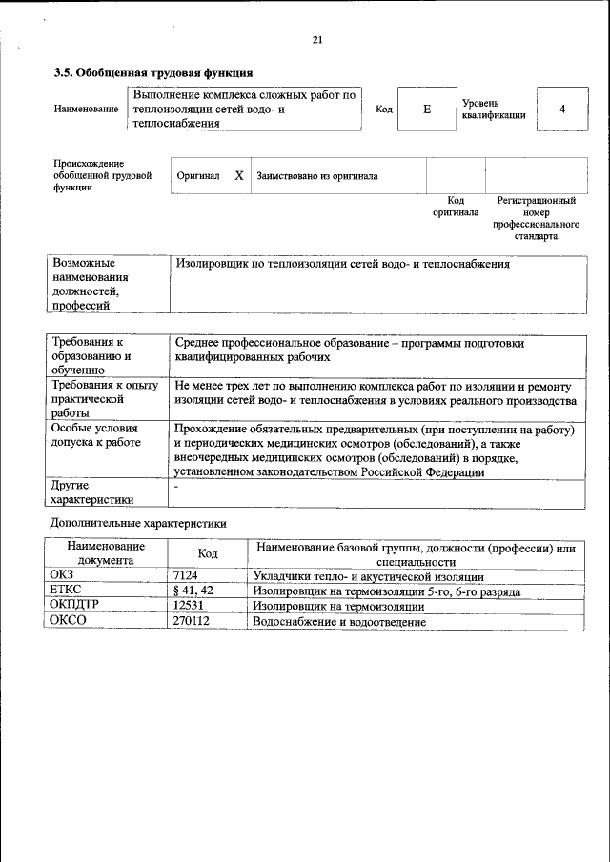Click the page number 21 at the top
tap(318, 39)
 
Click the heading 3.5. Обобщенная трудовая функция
tap(153, 72)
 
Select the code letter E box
tap(427, 110)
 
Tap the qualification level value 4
tap(562, 110)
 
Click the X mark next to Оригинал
tap(239, 176)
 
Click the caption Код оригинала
tap(456, 207)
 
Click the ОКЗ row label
tap(62, 576)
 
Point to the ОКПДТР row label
tap(73, 606)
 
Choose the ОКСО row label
tap(68, 622)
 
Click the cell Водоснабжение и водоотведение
tap(338, 622)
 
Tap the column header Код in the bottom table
tap(207, 553)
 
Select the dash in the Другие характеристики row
tap(177, 488)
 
